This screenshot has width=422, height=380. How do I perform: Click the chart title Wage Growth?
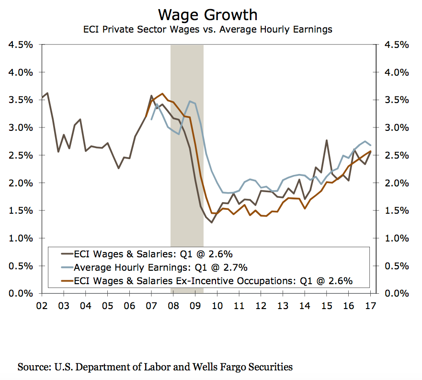(207, 14)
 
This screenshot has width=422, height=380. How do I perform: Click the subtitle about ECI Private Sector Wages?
(207, 29)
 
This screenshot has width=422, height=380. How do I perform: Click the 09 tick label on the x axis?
(195, 305)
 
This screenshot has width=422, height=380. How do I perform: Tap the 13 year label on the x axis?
(283, 305)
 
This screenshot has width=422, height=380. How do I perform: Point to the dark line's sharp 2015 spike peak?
(326, 140)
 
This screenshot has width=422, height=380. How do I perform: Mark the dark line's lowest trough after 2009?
(211, 222)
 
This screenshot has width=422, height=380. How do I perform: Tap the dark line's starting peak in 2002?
(46, 93)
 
